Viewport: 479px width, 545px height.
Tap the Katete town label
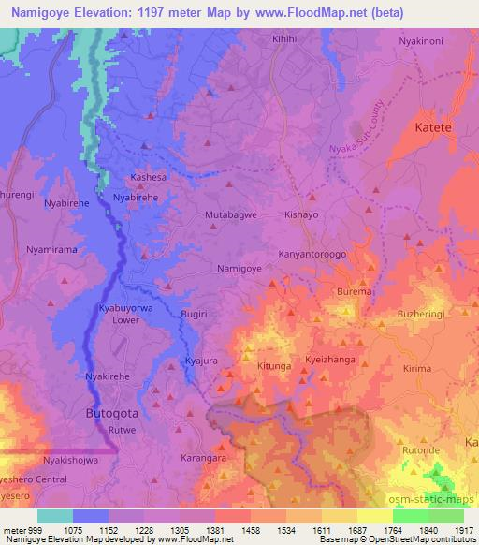point(433,127)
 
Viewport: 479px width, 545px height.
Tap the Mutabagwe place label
point(231,214)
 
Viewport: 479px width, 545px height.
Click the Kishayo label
point(304,214)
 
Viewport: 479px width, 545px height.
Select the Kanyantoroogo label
point(312,253)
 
